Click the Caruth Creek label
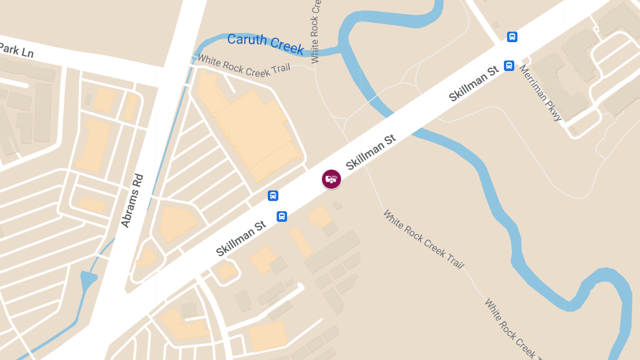pyautogui.click(x=265, y=43)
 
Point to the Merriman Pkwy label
pyautogui.click(x=541, y=93)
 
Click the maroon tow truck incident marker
pyautogui.click(x=331, y=179)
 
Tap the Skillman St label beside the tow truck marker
pyautogui.click(x=370, y=152)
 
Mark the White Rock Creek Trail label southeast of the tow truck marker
pyautogui.click(x=423, y=239)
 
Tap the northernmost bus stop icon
pyautogui.click(x=512, y=37)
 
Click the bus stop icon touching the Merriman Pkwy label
pyautogui.click(x=509, y=66)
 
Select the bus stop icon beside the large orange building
pyautogui.click(x=273, y=196)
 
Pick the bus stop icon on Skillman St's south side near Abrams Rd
pyautogui.click(x=282, y=216)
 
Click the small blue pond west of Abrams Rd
pyautogui.click(x=87, y=281)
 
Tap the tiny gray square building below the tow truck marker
pyautogui.click(x=337, y=205)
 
